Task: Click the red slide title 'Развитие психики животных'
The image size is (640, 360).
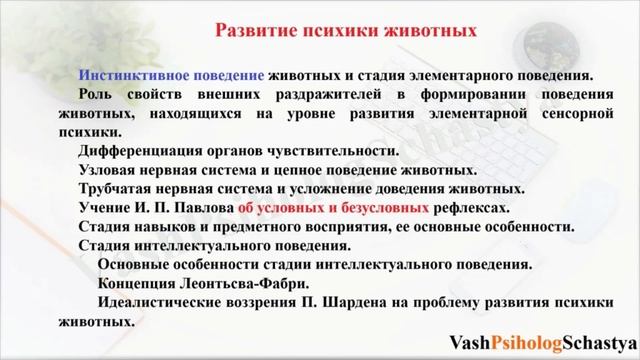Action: point(345,30)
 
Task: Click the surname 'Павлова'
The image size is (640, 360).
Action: point(204,208)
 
